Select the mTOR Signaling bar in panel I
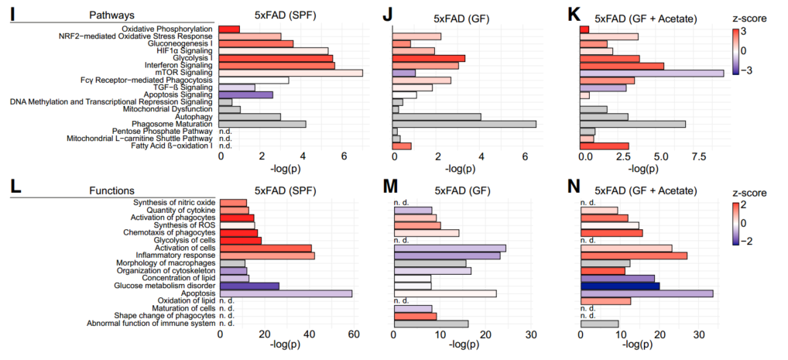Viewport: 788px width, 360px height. (x=291, y=73)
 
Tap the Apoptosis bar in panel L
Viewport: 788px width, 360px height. (x=286, y=293)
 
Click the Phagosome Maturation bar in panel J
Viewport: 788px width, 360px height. (x=464, y=124)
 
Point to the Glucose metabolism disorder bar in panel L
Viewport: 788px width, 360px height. (x=249, y=286)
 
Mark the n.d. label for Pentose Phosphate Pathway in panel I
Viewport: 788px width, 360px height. (x=228, y=131)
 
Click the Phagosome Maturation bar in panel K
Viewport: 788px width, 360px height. (x=632, y=124)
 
